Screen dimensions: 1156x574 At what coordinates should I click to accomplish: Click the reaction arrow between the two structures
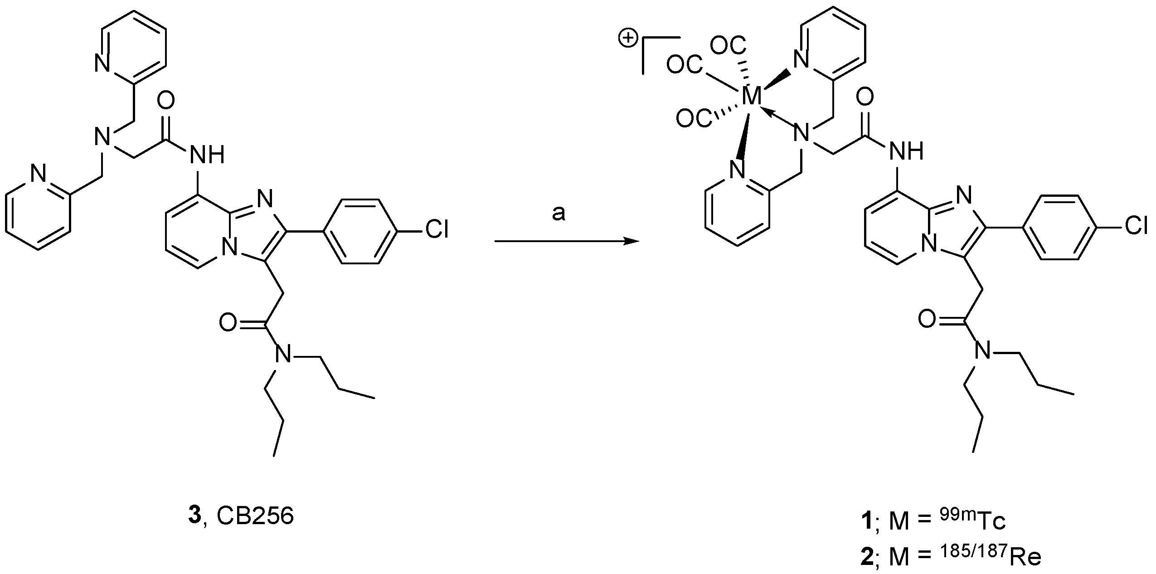(567, 241)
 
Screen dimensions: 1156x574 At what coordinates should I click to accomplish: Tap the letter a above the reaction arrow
(559, 213)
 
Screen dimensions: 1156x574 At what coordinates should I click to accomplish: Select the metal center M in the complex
(752, 96)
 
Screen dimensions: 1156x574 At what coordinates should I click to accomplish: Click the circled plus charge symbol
(627, 39)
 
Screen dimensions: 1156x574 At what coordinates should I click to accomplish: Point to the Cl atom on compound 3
(436, 230)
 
